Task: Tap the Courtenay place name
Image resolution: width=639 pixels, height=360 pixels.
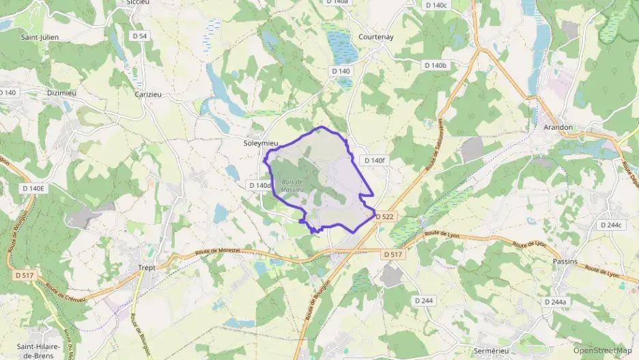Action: coord(376,37)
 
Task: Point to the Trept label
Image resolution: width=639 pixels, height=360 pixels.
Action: coord(147,267)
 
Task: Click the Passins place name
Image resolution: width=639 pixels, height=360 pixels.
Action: coord(565,261)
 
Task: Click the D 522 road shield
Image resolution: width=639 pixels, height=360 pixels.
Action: coord(384,217)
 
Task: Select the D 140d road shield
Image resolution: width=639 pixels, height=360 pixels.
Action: coord(261,185)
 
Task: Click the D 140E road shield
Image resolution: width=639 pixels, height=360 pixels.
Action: coord(33,189)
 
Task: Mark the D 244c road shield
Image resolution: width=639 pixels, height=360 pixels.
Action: coord(612,225)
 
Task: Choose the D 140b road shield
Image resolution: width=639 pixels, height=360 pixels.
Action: coord(435,65)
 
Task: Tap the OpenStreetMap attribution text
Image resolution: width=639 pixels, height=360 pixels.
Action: coord(603,350)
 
